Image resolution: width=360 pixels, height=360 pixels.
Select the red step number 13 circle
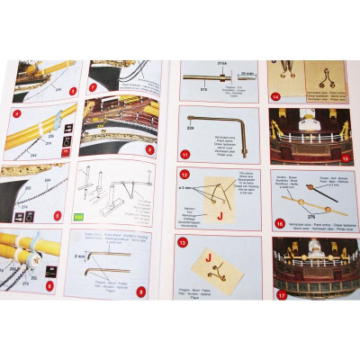click(183, 242)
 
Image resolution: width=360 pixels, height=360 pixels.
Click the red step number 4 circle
click(16, 115)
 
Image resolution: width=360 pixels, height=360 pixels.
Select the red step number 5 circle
click(57, 216)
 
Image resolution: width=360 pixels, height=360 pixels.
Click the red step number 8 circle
click(149, 148)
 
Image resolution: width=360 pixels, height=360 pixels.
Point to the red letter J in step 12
click(219, 215)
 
